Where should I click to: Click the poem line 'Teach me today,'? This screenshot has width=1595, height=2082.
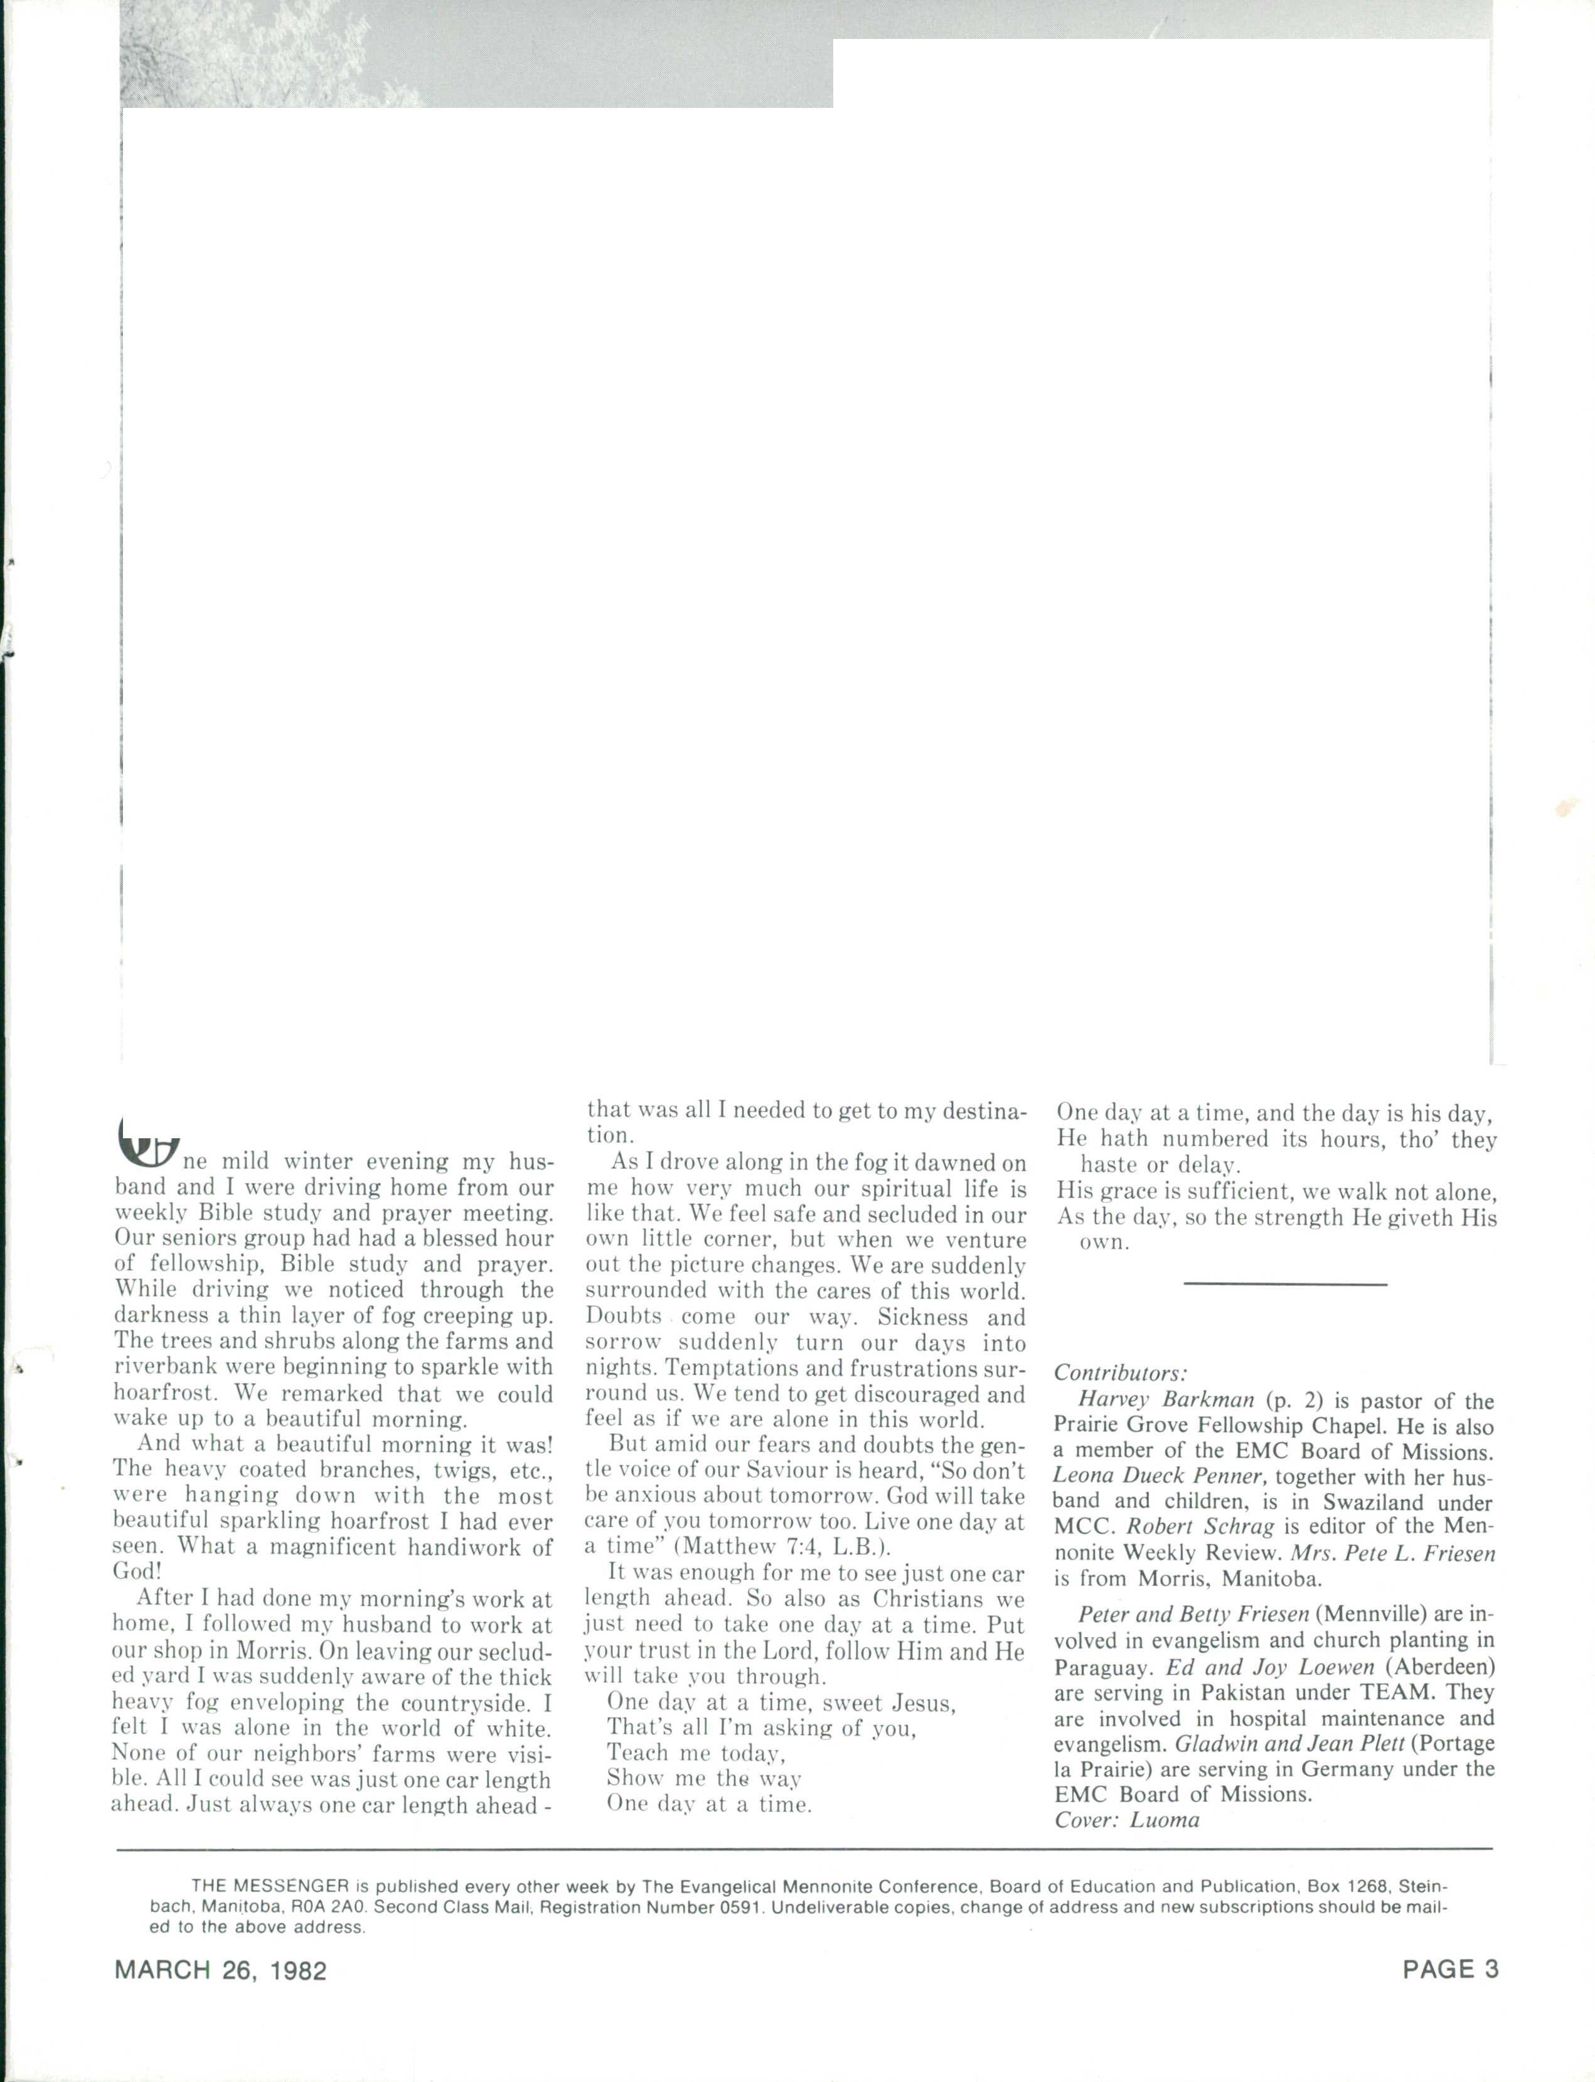pos(696,1751)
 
